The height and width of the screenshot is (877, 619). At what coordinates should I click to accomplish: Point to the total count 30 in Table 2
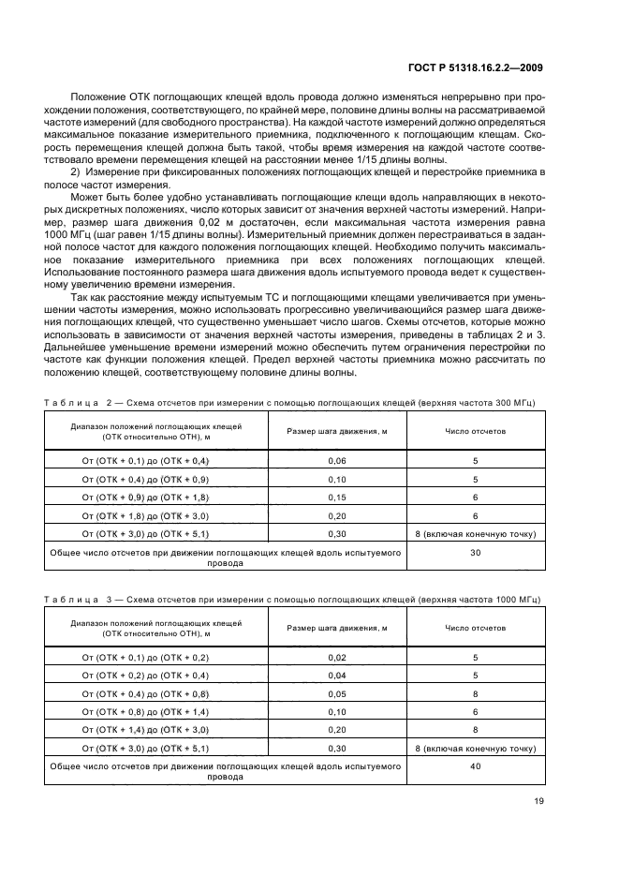point(475,554)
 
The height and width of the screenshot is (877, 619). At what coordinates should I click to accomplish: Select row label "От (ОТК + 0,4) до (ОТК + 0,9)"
point(145,480)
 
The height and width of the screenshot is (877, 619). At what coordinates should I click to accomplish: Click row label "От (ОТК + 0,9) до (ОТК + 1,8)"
point(145,498)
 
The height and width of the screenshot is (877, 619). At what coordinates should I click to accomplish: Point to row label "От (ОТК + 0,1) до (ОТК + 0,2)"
point(145,658)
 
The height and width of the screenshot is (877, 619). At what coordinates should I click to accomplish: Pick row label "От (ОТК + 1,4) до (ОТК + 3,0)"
point(145,729)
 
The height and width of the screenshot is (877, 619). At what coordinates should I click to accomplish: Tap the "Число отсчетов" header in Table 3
point(475,628)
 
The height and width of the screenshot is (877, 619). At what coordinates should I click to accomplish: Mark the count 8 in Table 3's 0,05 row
point(475,693)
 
